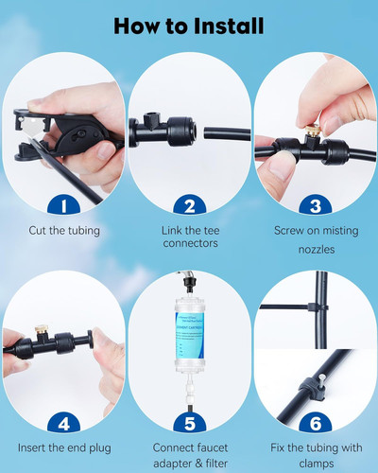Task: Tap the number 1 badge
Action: [63, 204]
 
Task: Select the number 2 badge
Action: [189, 204]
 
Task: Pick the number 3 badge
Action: [315, 204]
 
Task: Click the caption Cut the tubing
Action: [63, 229]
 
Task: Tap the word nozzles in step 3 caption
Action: [315, 245]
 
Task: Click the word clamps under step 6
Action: [315, 463]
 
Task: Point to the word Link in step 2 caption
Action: [168, 229]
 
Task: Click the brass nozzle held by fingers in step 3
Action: [314, 124]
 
